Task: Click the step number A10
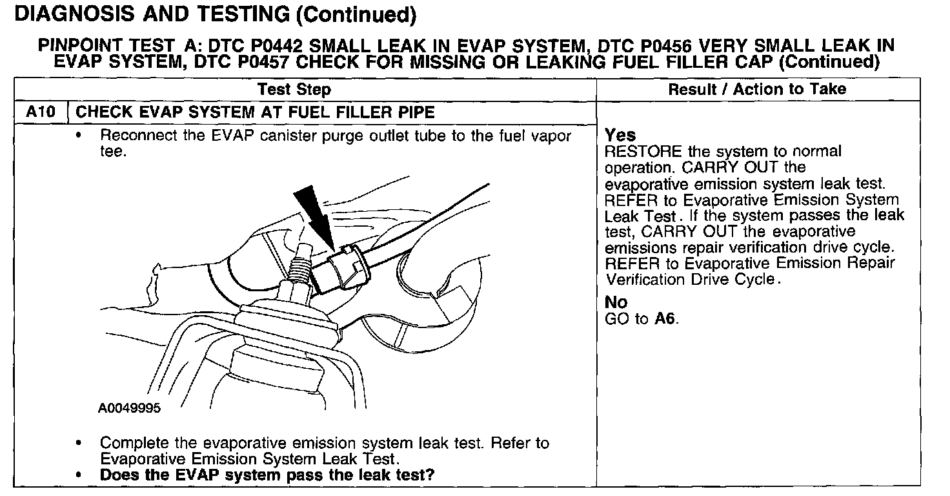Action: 39,112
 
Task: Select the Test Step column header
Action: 294,89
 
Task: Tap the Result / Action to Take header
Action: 757,89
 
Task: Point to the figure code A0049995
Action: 130,408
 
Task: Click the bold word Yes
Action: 620,136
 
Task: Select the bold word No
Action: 616,302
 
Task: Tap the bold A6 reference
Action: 665,319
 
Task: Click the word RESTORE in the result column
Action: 634,152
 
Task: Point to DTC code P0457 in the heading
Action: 259,62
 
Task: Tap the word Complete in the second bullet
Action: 133,444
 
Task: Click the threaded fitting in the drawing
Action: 300,269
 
